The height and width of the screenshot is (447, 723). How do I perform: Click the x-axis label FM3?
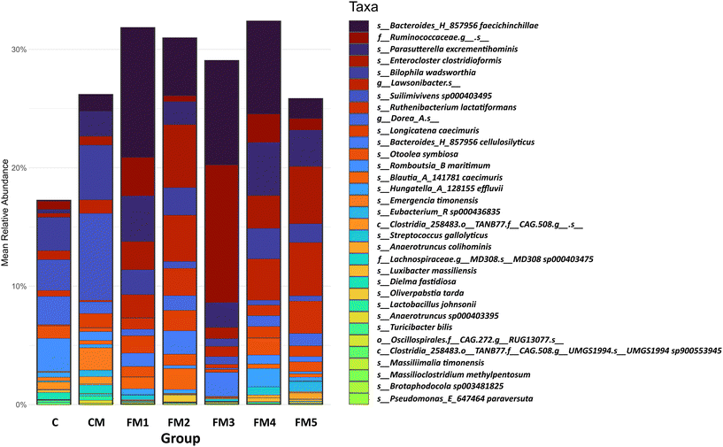[x=223, y=421]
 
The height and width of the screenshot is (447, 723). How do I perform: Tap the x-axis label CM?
[x=96, y=421]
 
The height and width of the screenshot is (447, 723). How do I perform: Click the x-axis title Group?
[x=181, y=437]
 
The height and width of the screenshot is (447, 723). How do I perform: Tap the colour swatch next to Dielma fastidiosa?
[x=359, y=276]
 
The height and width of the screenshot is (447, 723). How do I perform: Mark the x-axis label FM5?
[x=307, y=421]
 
